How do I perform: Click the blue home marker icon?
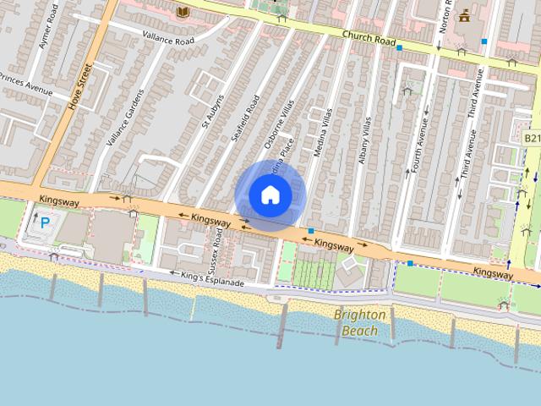coord(269,195)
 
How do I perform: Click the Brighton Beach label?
coord(360,322)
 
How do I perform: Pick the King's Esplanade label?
coord(214,278)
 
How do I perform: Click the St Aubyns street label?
coord(212,106)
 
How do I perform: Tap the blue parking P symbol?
coord(46,224)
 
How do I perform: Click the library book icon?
coord(183,11)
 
